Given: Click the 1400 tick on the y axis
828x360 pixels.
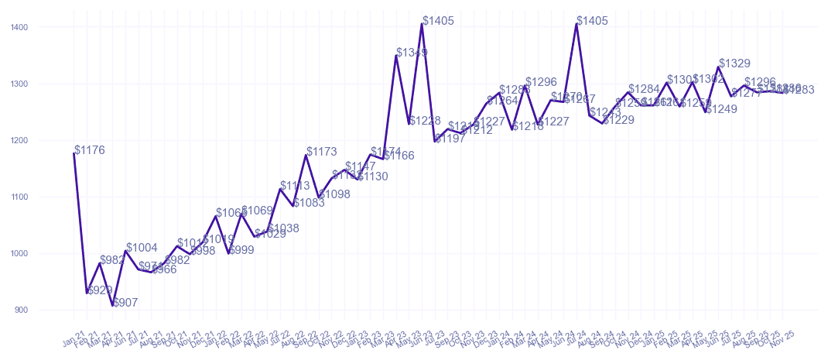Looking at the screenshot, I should (19, 27).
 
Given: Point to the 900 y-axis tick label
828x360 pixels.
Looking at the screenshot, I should (21, 310).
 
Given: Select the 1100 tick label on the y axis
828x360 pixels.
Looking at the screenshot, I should (19, 197).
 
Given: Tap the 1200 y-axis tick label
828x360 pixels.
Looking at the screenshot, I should (19, 140).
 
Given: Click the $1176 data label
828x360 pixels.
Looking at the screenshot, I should (90, 150).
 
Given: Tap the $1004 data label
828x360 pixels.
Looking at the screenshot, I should (142, 248).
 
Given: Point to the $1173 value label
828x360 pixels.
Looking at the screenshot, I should (322, 152).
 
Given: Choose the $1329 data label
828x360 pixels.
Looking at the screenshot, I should (734, 63).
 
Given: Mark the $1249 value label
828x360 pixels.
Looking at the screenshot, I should (721, 109).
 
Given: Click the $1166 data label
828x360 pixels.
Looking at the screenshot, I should (399, 156).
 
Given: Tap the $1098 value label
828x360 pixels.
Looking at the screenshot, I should (334, 194).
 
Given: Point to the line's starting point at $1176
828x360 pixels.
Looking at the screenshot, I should (74, 153).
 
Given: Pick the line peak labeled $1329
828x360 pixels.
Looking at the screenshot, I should (719, 67).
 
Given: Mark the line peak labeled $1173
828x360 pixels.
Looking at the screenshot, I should (306, 156).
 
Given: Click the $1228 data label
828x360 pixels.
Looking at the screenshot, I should (425, 121).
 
